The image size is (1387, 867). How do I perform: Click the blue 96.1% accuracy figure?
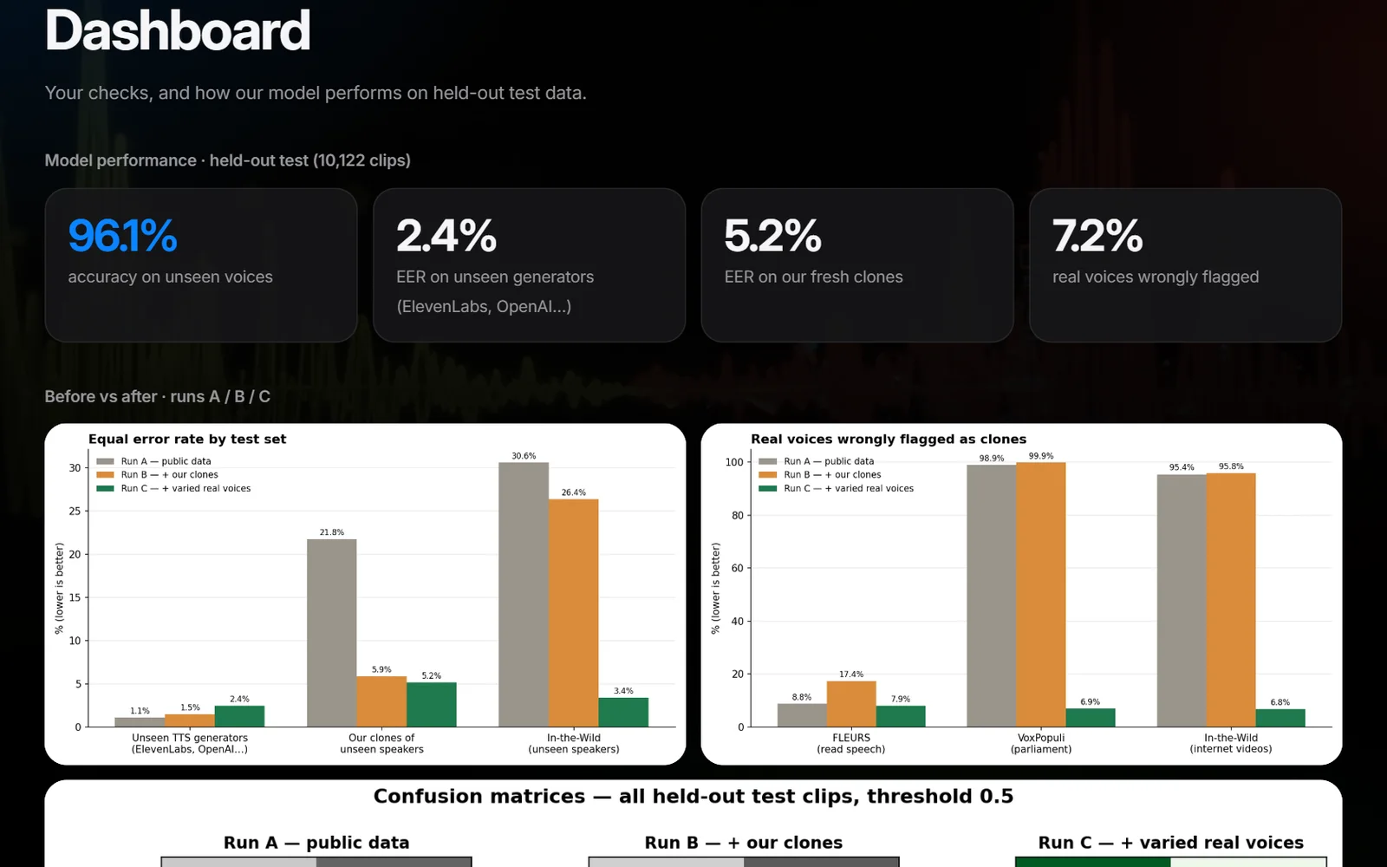122,235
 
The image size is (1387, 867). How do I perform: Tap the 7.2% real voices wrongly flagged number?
1097,235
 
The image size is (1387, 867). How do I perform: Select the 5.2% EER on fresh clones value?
772,235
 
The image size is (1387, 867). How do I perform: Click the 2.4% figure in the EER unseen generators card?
446,235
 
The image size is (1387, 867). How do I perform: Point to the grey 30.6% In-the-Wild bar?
524,595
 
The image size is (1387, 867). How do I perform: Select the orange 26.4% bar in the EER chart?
573,613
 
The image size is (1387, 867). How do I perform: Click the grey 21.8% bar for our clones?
332,633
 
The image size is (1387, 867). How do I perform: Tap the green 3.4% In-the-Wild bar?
623,712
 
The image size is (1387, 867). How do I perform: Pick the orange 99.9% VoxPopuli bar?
1041,595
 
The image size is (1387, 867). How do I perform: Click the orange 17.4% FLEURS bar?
851,703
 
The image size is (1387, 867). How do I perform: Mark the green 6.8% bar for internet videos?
1280,718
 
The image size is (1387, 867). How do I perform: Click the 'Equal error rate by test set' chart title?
187,439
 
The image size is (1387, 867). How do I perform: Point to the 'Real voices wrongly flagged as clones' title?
889,439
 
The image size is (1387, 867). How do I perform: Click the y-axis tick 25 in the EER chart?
75,511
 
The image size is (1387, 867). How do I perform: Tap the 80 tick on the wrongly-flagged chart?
737,515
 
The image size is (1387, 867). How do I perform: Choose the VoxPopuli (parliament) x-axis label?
1041,743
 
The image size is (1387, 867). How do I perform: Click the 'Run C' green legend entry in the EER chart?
173,488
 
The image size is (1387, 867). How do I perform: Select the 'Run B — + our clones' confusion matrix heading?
744,842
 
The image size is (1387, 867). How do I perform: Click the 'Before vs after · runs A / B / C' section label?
157,396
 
